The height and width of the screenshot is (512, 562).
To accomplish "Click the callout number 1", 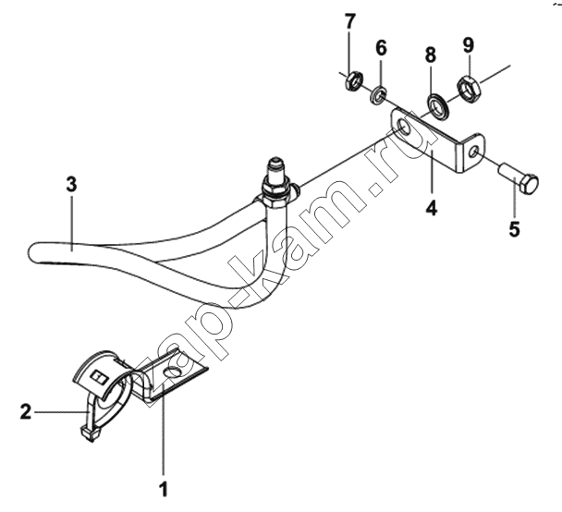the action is tap(164, 489).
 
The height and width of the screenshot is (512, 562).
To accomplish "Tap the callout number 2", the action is tap(26, 411).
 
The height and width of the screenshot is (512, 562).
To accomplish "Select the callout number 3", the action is tap(71, 185).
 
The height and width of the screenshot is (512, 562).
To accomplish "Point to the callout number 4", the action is tap(432, 208).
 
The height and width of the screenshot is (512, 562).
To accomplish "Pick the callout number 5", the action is tap(514, 229).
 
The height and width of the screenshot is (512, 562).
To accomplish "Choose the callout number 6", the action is tap(381, 48).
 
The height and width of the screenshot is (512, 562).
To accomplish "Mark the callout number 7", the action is tap(349, 21).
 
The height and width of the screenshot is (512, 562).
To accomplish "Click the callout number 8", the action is tap(431, 55).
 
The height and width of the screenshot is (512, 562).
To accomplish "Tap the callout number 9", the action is tap(469, 45).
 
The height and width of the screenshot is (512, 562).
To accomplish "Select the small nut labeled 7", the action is tap(354, 81).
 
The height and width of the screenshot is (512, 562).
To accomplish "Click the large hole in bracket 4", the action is tap(405, 128).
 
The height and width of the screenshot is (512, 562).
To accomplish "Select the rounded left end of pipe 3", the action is tap(33, 253).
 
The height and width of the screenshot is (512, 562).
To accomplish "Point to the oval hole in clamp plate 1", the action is tap(172, 372).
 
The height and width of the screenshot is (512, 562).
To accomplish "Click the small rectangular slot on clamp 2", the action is tap(99, 377).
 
